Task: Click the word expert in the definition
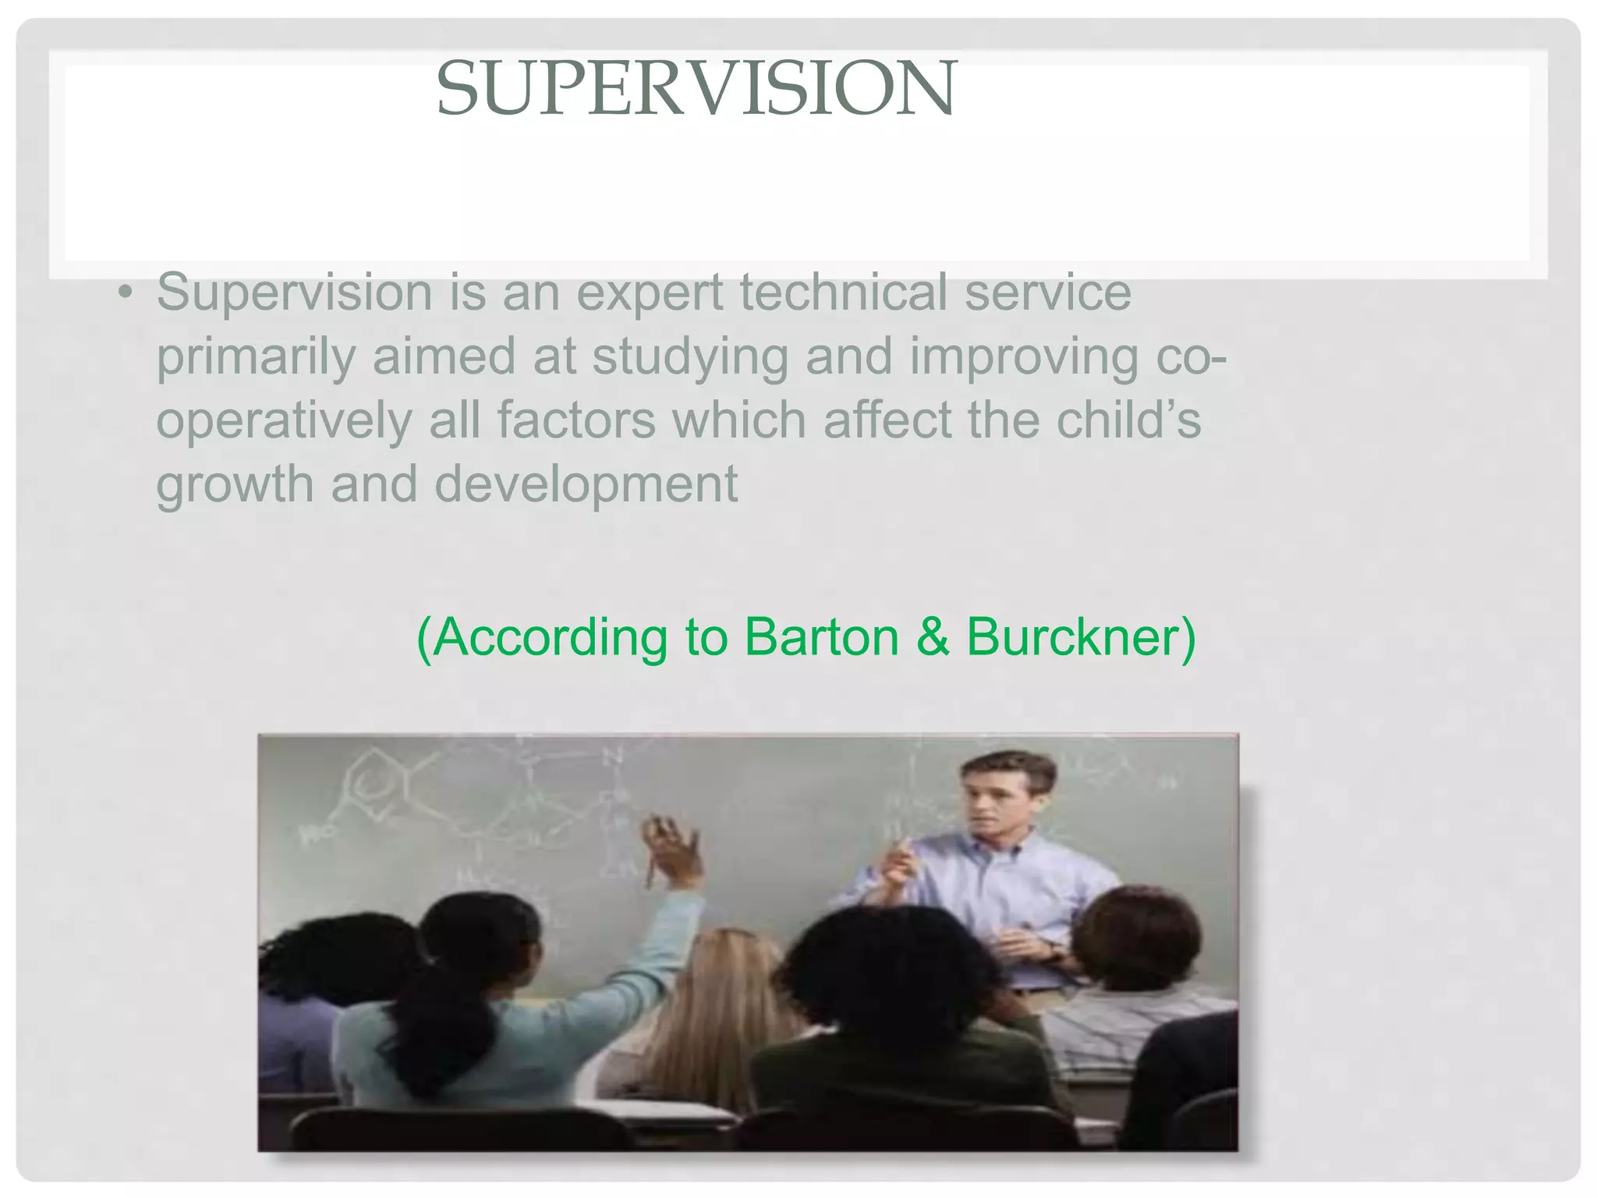pos(650,293)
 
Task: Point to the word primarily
pos(256,357)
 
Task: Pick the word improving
pos(1023,357)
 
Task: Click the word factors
pos(576,420)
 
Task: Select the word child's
pos(1128,420)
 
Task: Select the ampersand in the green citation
pos(933,637)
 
